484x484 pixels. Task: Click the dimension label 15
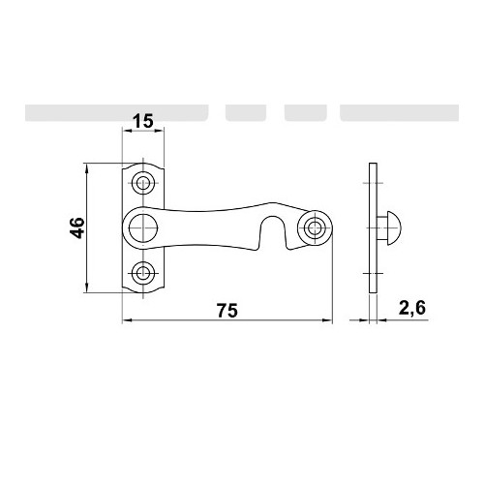[x=143, y=122]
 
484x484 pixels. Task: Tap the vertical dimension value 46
[x=77, y=227]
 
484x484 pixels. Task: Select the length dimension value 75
[x=227, y=311]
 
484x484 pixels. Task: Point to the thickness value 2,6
[x=412, y=309]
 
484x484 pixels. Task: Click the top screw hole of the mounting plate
[x=143, y=183]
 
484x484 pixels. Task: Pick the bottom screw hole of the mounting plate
[x=143, y=273]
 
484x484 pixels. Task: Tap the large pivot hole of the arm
[x=143, y=227]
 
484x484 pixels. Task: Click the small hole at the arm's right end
[x=315, y=228]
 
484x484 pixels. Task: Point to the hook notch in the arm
[x=273, y=231]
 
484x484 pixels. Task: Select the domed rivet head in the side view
[x=394, y=227]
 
